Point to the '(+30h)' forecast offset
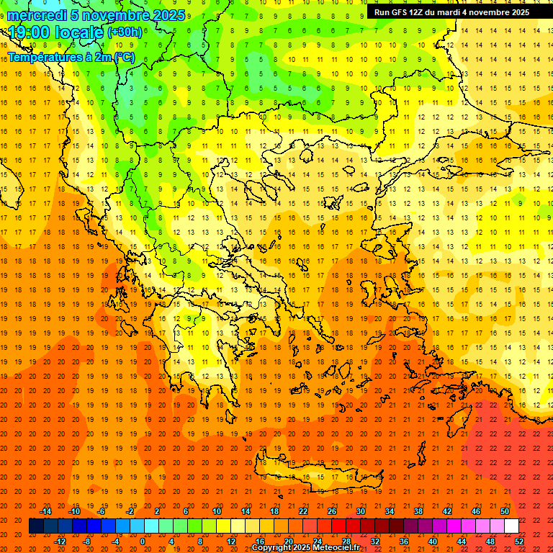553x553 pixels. click(125, 32)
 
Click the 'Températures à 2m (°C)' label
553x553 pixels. click(71, 57)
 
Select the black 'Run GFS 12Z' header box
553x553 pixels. click(451, 12)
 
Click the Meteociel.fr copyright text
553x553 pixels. click(305, 548)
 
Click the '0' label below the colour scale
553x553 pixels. click(143, 541)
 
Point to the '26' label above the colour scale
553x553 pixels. click(332, 511)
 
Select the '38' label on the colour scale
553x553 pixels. click(418, 511)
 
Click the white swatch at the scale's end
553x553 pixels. click(511, 526)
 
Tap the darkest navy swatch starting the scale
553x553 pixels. click(36, 526)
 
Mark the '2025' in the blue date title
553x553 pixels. click(167, 15)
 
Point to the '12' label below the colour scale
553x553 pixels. click(231, 541)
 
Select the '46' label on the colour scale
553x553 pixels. click(476, 511)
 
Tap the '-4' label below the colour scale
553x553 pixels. click(115, 541)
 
